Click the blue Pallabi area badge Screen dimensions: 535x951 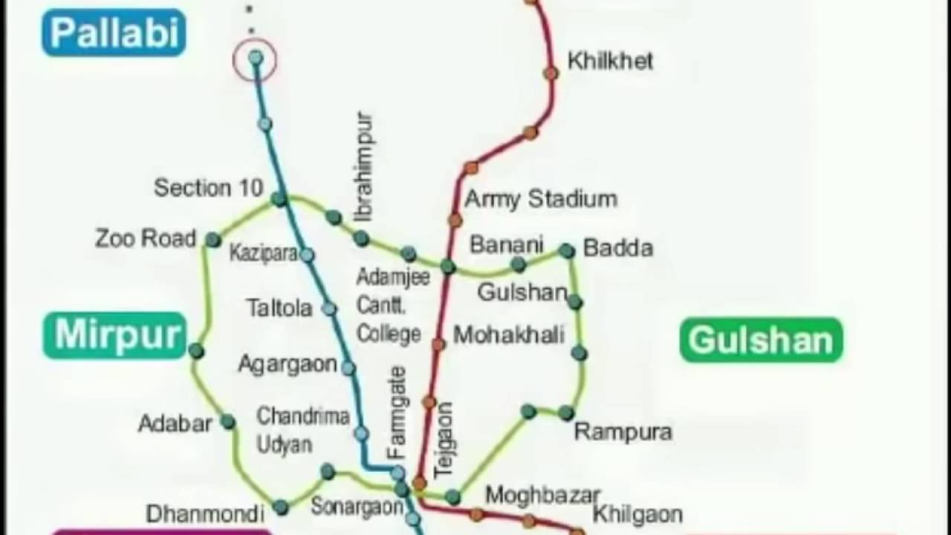click(x=114, y=33)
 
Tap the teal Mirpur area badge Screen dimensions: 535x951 click(x=114, y=335)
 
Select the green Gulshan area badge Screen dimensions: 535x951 click(x=762, y=340)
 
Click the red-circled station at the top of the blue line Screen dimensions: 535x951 click(x=255, y=58)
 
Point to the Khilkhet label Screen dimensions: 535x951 click(x=610, y=61)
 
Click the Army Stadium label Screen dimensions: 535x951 click(x=541, y=199)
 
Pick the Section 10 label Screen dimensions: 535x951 click(x=208, y=188)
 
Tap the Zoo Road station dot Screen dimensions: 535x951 click(x=213, y=240)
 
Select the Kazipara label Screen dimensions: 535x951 click(x=263, y=253)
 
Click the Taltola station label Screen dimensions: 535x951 click(x=279, y=308)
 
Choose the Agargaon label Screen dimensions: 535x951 click(x=287, y=365)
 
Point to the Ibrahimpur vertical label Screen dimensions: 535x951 click(x=364, y=166)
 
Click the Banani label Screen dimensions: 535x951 click(x=507, y=244)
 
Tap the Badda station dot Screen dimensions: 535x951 click(x=567, y=251)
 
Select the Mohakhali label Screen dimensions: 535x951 click(x=509, y=335)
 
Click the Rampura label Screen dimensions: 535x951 click(x=623, y=432)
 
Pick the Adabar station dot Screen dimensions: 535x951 click(x=228, y=422)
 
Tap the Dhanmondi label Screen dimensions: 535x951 click(x=205, y=513)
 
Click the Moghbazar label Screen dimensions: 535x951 click(x=542, y=495)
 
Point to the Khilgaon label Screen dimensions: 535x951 click(x=637, y=514)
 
